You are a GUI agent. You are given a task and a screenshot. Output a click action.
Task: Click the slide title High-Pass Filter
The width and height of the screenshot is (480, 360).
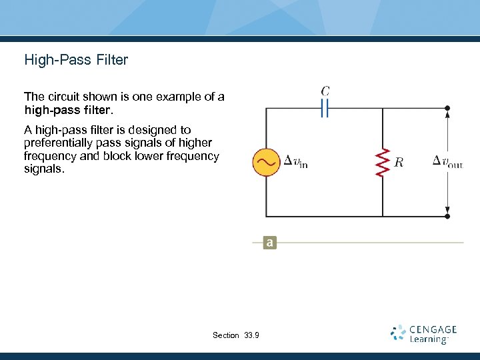tap(76, 60)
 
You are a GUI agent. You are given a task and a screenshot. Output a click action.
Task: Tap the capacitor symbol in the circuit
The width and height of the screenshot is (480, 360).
tap(325, 107)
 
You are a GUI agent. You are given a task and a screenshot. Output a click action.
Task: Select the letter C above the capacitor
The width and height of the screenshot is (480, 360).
tap(325, 91)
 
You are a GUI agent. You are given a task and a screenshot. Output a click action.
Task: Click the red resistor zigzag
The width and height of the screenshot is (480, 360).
tap(383, 162)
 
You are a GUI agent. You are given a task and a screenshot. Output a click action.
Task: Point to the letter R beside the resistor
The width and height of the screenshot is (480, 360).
tap(399, 162)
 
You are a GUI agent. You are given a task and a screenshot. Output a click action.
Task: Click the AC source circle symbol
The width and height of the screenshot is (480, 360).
tap(266, 162)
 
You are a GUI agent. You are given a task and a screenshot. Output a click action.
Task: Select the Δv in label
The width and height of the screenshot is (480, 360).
tap(295, 161)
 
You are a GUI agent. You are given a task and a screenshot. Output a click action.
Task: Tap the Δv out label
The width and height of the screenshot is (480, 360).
tap(447, 161)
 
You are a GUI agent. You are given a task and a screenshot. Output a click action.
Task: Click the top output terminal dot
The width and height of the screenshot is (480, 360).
tap(447, 107)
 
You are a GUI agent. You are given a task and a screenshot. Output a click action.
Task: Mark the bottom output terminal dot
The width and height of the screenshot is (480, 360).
tap(447, 216)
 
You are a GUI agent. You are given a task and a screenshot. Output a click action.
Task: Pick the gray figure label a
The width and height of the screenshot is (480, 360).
tap(269, 243)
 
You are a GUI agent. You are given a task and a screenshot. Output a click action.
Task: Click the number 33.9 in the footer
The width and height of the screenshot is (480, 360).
tap(252, 335)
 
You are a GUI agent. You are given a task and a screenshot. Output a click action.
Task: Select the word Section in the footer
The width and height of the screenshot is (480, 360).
tap(226, 335)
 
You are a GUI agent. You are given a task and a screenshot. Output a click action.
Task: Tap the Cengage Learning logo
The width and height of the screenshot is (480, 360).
tap(424, 333)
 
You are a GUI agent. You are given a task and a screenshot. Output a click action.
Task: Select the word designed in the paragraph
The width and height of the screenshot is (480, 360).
tap(143, 130)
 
